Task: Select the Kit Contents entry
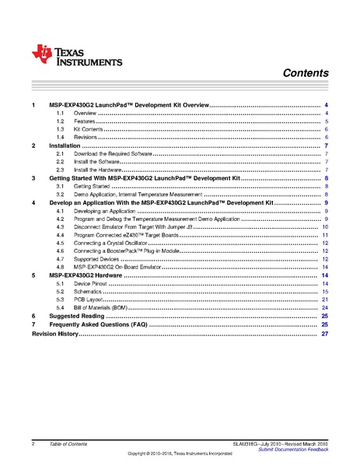coord(90,129)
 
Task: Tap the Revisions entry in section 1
coord(86,137)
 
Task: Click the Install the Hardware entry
coord(98,170)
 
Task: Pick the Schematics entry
coord(89,292)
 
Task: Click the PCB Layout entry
coord(89,300)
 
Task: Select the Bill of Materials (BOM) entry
coord(104,308)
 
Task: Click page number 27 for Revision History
coord(325,333)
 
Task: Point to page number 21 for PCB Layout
coord(325,300)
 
